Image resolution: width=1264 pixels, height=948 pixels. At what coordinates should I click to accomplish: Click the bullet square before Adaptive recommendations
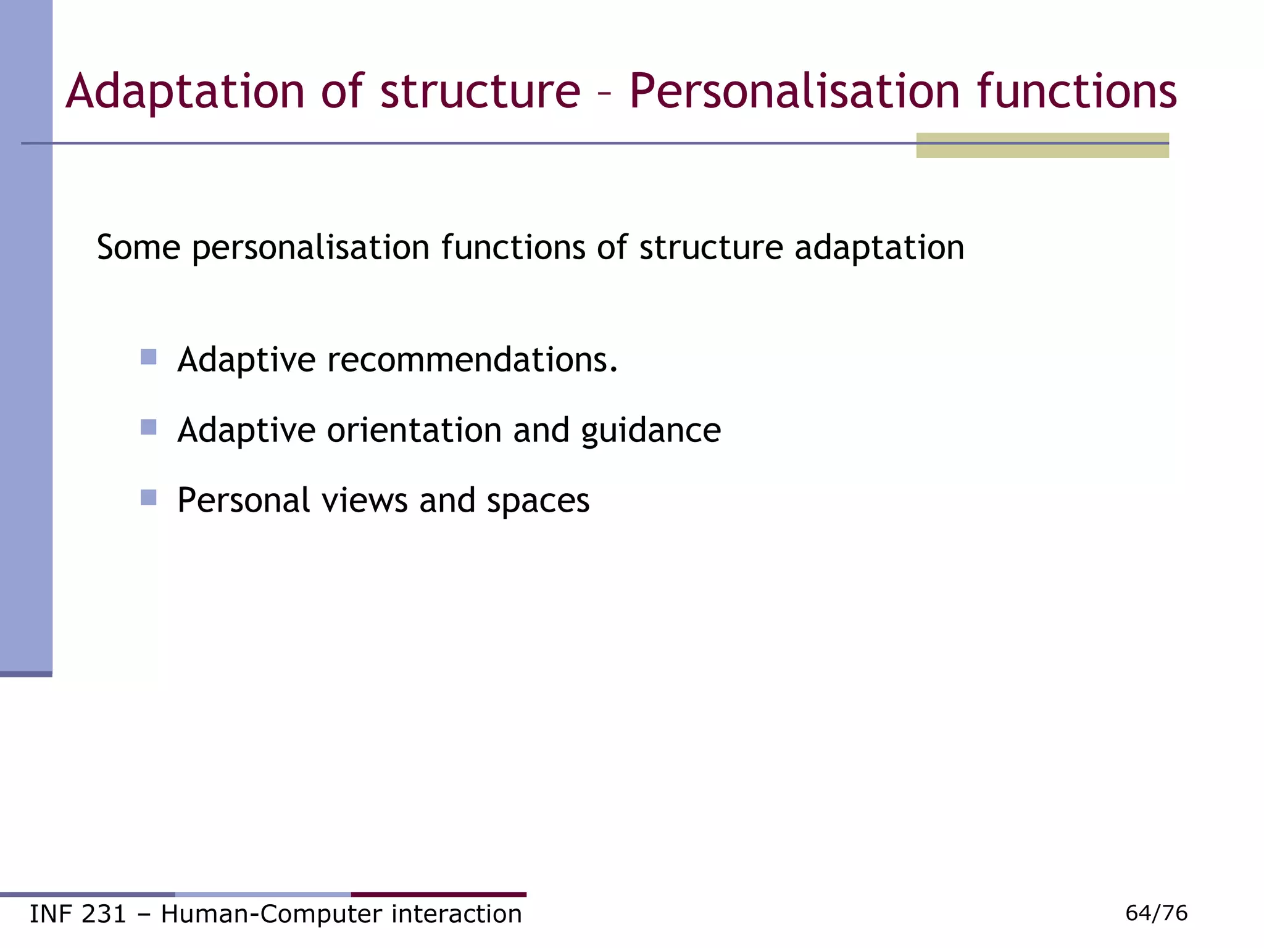pyautogui.click(x=148, y=357)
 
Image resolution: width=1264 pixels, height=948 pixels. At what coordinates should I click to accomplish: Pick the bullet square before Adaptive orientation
pyautogui.click(x=148, y=427)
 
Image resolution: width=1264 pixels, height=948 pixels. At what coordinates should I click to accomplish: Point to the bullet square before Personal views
pyautogui.click(x=148, y=497)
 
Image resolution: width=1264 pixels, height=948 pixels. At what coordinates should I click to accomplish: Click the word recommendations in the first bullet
pyautogui.click(x=472, y=360)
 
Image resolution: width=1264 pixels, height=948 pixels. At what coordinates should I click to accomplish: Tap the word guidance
pyautogui.click(x=651, y=430)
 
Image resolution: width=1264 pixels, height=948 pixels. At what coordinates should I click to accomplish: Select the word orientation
pyautogui.click(x=414, y=430)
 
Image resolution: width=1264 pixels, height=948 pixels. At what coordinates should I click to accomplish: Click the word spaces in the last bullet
pyautogui.click(x=538, y=501)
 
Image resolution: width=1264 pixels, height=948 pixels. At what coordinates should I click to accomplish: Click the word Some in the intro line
pyautogui.click(x=138, y=247)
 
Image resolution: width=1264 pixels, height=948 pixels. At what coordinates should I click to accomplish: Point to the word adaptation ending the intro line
pyautogui.click(x=879, y=247)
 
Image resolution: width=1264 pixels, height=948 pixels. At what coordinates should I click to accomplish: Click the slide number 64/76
pyautogui.click(x=1156, y=913)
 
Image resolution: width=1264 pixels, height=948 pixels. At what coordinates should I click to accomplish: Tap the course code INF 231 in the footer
pyautogui.click(x=78, y=914)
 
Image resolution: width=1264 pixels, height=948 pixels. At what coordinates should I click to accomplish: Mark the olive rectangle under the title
pyautogui.click(x=1042, y=146)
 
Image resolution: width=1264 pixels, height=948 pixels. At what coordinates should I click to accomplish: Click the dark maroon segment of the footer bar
pyautogui.click(x=438, y=894)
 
